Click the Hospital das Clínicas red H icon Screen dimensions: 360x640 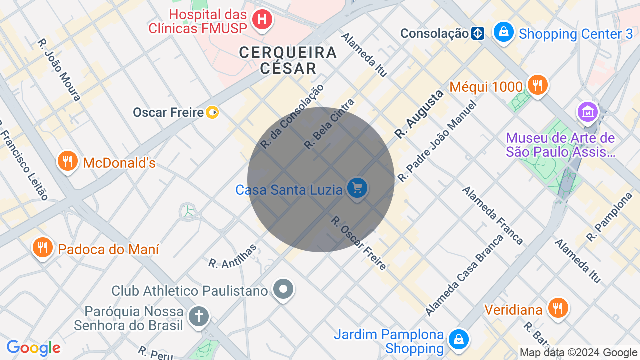click(x=262, y=20)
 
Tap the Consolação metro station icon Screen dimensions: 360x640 click(x=478, y=33)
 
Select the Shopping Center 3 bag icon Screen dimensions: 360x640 click(x=503, y=32)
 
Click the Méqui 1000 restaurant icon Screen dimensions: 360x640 click(x=537, y=85)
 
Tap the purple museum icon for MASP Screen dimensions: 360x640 click(x=588, y=112)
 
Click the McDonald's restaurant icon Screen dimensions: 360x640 click(x=67, y=161)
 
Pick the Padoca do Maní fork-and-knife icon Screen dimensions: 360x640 click(x=42, y=247)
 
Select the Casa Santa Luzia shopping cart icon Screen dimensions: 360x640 click(x=357, y=189)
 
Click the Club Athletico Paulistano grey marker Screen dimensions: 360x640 click(x=283, y=289)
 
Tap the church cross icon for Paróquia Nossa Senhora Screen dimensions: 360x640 click(x=198, y=317)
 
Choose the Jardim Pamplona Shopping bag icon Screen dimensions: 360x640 click(x=458, y=340)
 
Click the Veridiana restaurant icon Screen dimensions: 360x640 click(x=557, y=308)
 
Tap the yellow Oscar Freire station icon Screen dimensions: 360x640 click(x=213, y=112)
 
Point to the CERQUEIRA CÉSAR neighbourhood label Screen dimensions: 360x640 click(x=288, y=60)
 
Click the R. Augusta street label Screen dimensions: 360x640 click(x=419, y=114)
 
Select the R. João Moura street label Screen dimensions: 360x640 click(x=59, y=70)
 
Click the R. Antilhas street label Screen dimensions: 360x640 click(x=233, y=256)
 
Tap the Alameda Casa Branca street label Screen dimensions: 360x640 click(x=465, y=275)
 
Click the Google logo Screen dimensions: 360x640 click(x=33, y=348)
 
